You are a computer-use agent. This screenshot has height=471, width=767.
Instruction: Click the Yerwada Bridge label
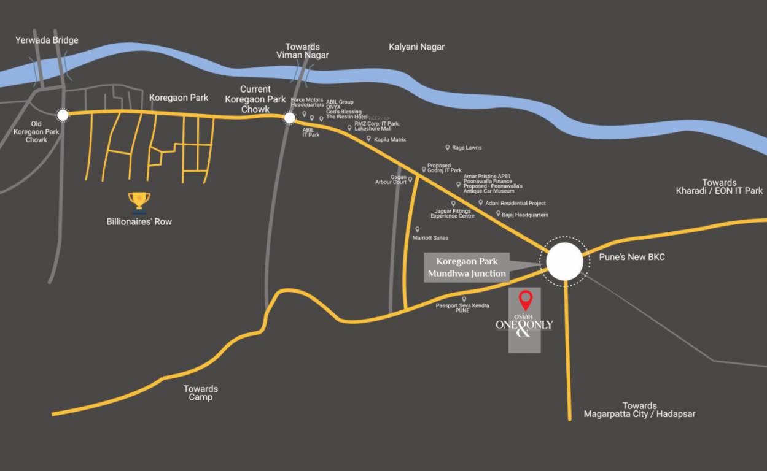click(x=47, y=40)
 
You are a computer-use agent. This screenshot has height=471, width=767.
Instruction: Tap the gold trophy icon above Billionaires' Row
click(x=139, y=201)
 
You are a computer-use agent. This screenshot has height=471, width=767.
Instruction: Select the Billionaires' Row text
click(x=139, y=221)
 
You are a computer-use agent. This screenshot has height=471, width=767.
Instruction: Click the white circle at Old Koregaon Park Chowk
click(x=62, y=115)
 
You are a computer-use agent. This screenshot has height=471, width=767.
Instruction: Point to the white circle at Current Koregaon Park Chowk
click(x=290, y=117)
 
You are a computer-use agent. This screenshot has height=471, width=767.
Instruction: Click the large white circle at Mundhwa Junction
click(x=564, y=262)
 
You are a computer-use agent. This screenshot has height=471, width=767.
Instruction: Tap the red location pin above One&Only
click(x=525, y=300)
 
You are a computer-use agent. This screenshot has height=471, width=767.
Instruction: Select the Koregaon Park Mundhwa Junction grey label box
click(x=467, y=267)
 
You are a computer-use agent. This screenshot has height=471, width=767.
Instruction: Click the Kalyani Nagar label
click(x=416, y=47)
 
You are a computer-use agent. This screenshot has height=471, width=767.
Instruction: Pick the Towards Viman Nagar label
click(x=303, y=51)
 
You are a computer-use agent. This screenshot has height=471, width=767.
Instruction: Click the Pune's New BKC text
click(x=632, y=257)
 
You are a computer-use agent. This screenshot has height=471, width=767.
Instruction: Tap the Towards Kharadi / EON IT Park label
click(x=719, y=186)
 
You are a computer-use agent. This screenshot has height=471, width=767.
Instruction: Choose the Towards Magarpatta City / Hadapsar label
click(x=639, y=410)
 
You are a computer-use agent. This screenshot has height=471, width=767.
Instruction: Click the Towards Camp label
click(x=200, y=392)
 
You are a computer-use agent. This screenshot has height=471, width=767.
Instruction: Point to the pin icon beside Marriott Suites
click(x=418, y=229)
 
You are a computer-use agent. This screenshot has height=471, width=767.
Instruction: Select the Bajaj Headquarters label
click(x=524, y=215)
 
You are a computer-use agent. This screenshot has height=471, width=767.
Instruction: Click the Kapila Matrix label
click(x=390, y=140)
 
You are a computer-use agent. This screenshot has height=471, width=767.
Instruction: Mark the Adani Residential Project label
click(x=515, y=203)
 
